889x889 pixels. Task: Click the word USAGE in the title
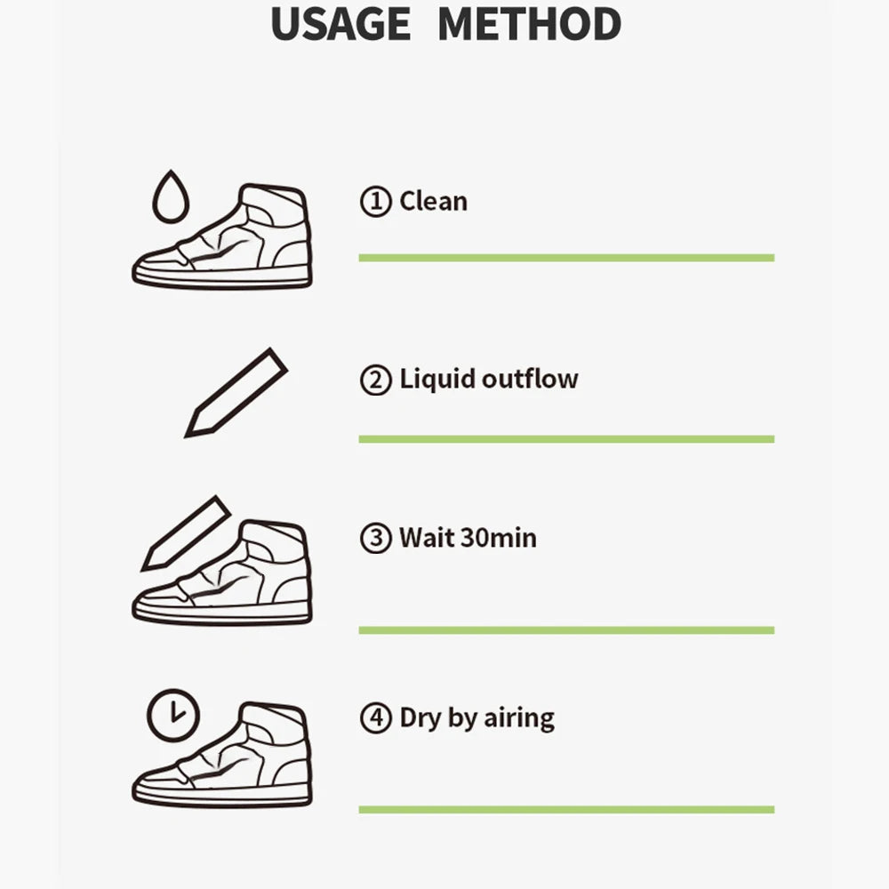point(340,24)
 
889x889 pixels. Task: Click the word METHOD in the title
point(530,24)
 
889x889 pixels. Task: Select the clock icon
point(173,715)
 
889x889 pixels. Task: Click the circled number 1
point(375,201)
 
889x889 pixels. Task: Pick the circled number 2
point(375,380)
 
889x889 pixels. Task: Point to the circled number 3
point(375,538)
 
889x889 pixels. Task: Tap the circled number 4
point(375,717)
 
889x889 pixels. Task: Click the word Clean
point(434,201)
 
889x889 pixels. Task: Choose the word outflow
point(530,379)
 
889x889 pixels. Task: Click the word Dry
point(420,718)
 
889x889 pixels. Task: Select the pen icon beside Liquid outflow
point(236,393)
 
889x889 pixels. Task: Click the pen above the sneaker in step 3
point(186,533)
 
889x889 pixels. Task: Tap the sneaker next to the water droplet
point(222,236)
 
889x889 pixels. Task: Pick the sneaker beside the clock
point(222,755)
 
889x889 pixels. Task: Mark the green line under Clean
point(566,258)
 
